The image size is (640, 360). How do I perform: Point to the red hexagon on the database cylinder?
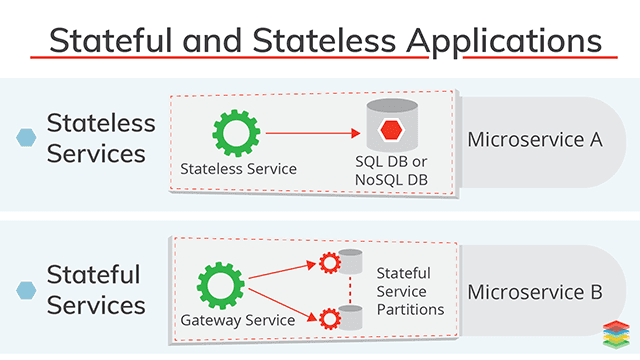pyautogui.click(x=390, y=129)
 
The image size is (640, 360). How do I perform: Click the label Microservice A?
pyautogui.click(x=535, y=139)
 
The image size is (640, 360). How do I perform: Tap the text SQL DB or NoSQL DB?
pyautogui.click(x=390, y=170)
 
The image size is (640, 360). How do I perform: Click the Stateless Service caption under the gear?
pyautogui.click(x=238, y=168)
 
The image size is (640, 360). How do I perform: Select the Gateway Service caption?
pyautogui.click(x=237, y=320)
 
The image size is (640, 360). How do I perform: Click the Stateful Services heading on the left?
pyautogui.click(x=96, y=289)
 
